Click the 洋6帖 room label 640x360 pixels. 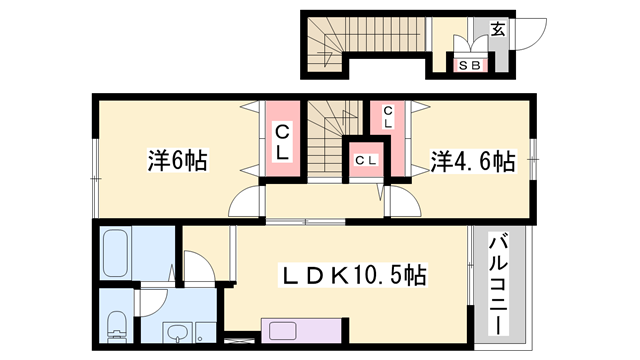(x=178, y=160)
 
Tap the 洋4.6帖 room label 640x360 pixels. (x=472, y=161)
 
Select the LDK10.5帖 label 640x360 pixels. (x=353, y=275)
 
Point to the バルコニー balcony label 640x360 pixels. (x=498, y=284)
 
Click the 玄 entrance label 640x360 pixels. (x=497, y=29)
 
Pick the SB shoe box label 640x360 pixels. (x=470, y=65)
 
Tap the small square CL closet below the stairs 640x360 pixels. (x=366, y=160)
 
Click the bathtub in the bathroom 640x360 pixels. (x=116, y=253)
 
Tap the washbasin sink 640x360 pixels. (x=178, y=332)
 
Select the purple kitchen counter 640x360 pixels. (x=301, y=331)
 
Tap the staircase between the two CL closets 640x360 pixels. (x=330, y=139)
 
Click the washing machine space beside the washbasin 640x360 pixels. (x=205, y=332)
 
